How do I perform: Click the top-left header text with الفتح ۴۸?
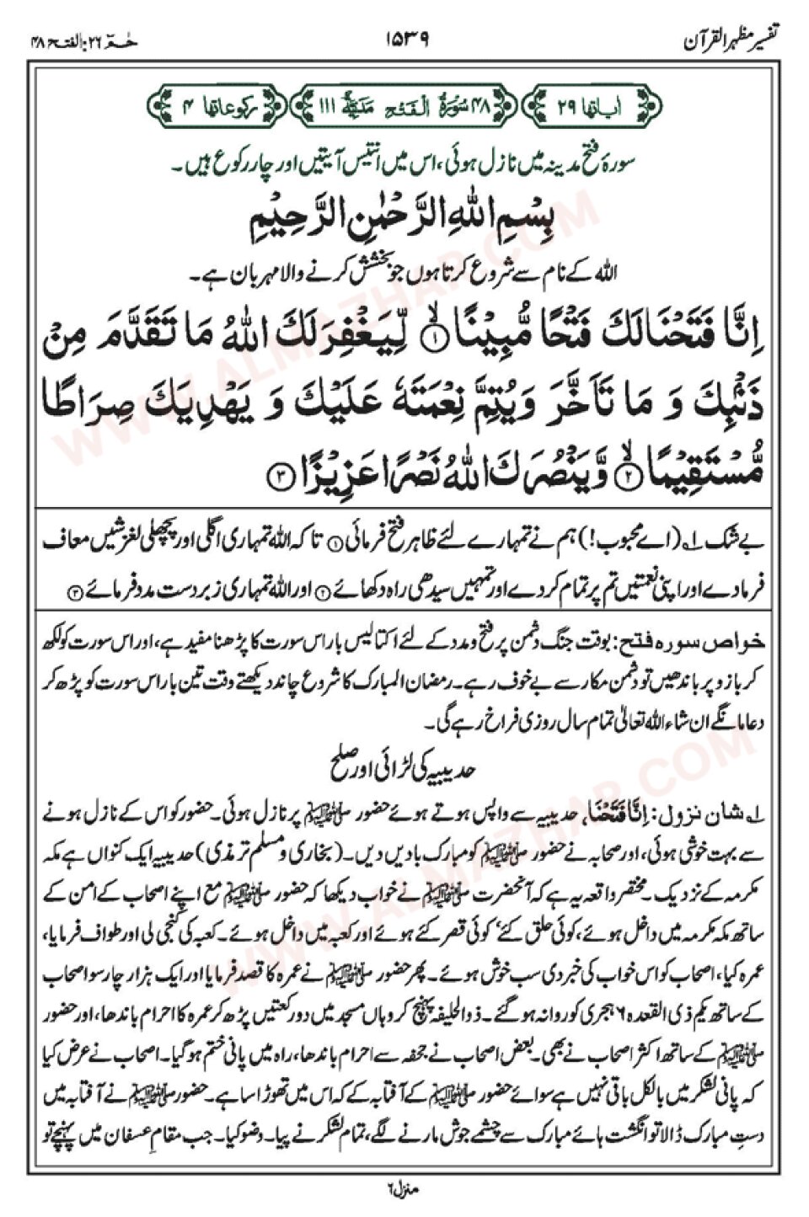[x=84, y=40]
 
